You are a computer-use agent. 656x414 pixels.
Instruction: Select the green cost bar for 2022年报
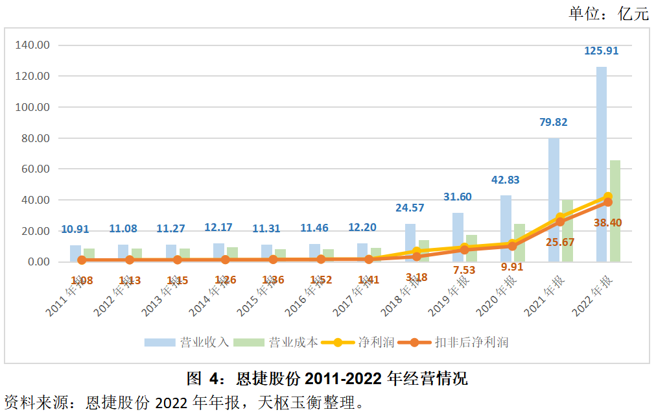coord(615,211)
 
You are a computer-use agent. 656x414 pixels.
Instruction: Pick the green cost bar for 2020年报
coord(519,243)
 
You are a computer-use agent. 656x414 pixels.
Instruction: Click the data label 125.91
coord(602,51)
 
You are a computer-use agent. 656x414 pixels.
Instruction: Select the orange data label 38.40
coord(608,223)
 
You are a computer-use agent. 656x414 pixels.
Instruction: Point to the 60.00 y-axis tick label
coord(37,169)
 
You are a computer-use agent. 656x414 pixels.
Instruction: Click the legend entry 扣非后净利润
coord(471,342)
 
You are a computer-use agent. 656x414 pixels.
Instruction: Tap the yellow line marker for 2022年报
coord(608,197)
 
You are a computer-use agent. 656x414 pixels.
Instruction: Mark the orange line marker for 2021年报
coord(560,222)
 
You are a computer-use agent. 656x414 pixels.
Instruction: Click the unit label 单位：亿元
coord(608,14)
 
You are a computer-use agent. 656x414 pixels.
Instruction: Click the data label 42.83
coord(506,180)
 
